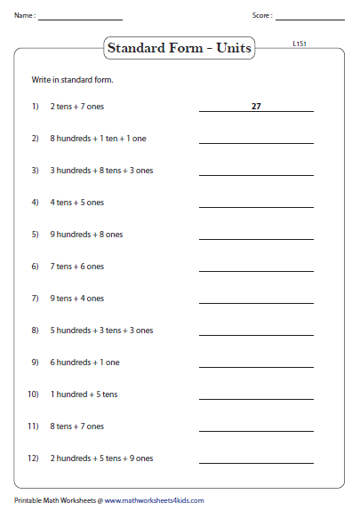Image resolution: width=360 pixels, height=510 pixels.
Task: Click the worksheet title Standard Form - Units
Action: (179, 48)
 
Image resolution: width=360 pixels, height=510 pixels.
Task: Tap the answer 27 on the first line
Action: (256, 106)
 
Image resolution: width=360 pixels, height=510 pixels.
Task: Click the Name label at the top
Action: (24, 16)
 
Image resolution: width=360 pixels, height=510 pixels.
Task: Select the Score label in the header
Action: (262, 16)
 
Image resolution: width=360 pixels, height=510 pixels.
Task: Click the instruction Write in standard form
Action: (73, 80)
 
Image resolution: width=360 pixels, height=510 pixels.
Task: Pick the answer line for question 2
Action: (256, 142)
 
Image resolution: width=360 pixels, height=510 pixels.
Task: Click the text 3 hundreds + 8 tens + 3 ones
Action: (102, 170)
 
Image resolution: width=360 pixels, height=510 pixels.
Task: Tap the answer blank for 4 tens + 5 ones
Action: (256, 206)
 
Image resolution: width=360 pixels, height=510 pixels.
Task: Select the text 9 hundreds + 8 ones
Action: (87, 235)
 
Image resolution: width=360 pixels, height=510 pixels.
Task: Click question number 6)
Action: (36, 267)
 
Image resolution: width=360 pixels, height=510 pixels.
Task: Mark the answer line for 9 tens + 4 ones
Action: (256, 302)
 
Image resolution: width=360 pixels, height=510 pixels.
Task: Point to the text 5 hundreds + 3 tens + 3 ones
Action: (102, 331)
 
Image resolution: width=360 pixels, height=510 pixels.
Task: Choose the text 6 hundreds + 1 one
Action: (85, 363)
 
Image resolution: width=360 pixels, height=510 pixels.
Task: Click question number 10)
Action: (34, 394)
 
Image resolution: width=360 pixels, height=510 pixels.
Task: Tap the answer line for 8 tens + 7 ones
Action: (256, 430)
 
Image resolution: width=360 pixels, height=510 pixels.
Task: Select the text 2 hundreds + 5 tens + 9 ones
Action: (102, 458)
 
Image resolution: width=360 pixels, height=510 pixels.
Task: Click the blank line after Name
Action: (80, 19)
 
